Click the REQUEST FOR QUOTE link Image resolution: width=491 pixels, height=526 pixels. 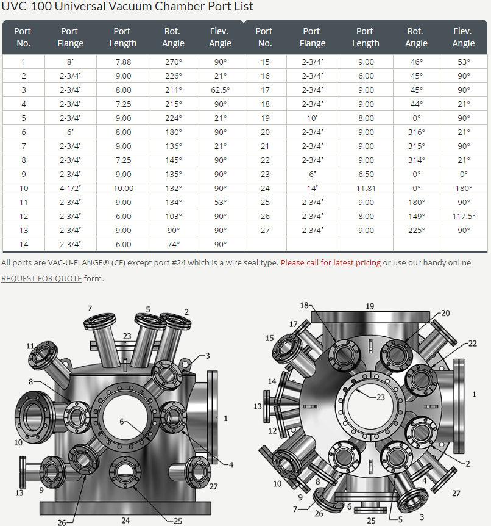coord(41,278)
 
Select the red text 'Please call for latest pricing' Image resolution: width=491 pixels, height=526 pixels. coord(331,262)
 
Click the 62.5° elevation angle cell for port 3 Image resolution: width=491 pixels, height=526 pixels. coord(221,90)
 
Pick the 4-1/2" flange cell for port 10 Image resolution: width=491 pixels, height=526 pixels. coord(70,188)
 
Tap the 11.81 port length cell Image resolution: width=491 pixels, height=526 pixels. coord(366,188)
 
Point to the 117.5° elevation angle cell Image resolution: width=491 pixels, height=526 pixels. coord(464,217)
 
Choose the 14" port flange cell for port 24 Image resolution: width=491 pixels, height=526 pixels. coord(313,188)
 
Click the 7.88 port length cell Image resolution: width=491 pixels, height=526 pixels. coord(123,62)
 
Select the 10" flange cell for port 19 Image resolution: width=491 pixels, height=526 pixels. coord(313,118)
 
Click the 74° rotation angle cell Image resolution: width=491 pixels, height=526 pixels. coord(174,245)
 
